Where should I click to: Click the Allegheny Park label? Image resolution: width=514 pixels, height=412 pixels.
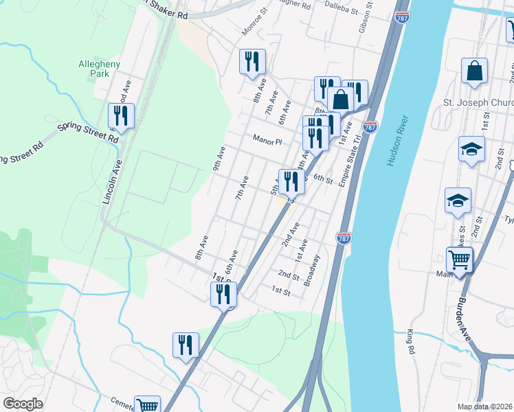tap(100, 68)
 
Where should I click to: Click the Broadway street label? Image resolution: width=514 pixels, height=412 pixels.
tap(312, 269)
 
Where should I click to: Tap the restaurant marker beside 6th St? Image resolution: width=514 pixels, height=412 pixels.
tap(291, 181)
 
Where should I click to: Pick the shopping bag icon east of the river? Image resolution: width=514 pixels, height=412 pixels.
tap(474, 71)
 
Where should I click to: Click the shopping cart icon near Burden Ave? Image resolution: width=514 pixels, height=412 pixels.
tap(460, 260)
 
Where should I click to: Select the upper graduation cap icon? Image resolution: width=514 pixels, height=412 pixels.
tap(471, 150)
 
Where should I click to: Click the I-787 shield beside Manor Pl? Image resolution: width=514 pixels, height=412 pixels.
tap(370, 127)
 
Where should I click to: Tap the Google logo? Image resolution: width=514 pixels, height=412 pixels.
tap(23, 403)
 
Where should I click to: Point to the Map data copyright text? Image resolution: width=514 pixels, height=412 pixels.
tap(485, 407)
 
